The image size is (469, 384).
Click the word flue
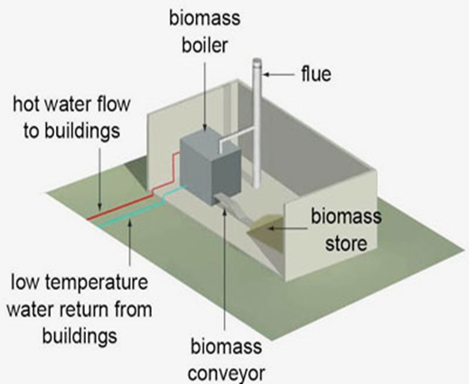coord(316,73)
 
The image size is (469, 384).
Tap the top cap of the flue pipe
coord(257,61)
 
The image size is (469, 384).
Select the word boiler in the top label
coord(204,45)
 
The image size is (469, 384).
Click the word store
coord(346,244)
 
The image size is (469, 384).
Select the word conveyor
coord(227,373)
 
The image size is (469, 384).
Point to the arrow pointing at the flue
coord(278,74)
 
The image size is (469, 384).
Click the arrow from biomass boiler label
coord(205,97)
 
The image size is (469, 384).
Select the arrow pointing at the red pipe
coord(99,178)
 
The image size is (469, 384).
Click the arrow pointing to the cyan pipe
coord(129,242)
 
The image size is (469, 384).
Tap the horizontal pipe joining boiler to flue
coord(237,136)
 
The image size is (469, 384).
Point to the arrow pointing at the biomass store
coord(287,229)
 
